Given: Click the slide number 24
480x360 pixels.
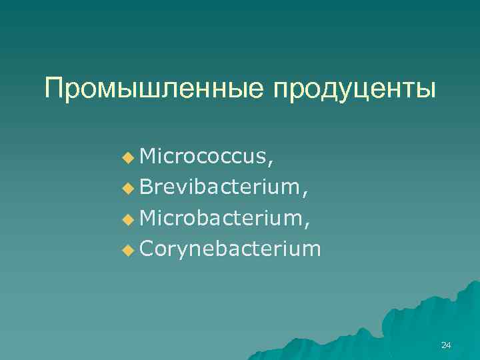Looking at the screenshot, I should (446, 345).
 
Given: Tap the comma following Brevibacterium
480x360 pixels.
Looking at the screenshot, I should (305, 194).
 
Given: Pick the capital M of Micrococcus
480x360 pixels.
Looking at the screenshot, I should (149, 157).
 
